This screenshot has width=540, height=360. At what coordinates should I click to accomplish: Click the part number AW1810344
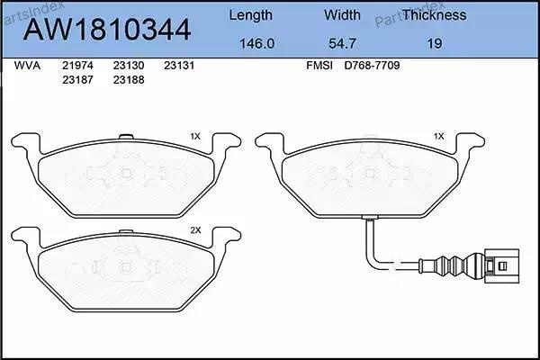(x=107, y=30)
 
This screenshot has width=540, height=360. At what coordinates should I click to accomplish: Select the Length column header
(x=251, y=16)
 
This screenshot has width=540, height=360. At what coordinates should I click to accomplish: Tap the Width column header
(x=342, y=14)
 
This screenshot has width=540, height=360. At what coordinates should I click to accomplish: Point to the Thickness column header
(x=435, y=14)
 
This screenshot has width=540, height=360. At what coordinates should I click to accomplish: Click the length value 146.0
(x=256, y=43)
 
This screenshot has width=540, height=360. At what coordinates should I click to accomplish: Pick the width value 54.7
(x=342, y=43)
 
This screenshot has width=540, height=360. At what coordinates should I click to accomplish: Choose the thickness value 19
(x=435, y=43)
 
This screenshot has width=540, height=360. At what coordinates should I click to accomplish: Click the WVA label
(x=27, y=66)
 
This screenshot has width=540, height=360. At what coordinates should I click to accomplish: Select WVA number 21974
(x=77, y=66)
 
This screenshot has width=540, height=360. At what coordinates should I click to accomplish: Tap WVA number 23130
(x=129, y=66)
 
